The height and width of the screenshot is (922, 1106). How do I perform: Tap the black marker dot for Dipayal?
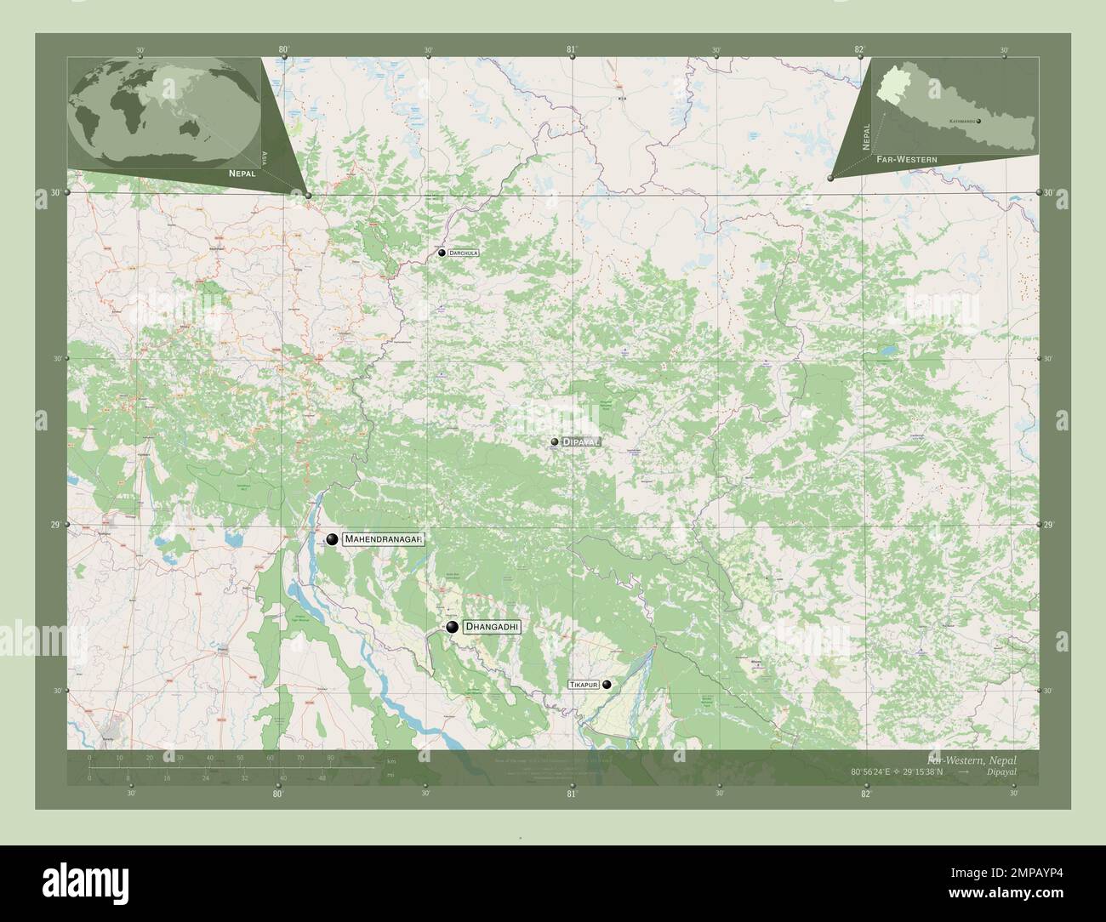click(x=555, y=442)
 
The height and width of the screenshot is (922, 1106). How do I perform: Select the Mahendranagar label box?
click(x=383, y=539)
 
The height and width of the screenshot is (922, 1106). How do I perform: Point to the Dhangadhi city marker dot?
click(x=452, y=628)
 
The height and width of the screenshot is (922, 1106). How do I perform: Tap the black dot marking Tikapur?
click(x=607, y=684)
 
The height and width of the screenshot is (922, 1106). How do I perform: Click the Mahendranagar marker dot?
click(x=332, y=539)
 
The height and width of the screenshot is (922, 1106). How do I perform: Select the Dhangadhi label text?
click(x=492, y=627)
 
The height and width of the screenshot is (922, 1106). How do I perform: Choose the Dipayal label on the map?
click(x=582, y=442)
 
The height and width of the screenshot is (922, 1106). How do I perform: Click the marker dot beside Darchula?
click(x=442, y=253)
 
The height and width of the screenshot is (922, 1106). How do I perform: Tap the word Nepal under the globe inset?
click(x=242, y=172)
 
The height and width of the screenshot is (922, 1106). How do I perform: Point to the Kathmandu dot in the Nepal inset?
click(x=979, y=122)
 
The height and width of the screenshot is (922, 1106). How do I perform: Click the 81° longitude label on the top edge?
click(x=572, y=49)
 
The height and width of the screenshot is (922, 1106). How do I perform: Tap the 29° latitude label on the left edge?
click(x=54, y=525)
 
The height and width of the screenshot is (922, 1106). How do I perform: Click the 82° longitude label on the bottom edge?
click(x=865, y=794)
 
